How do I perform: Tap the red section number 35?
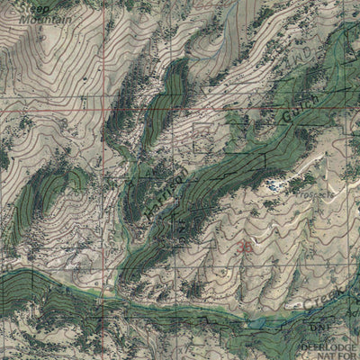[x=246, y=245]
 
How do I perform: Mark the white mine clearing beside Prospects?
[x=273, y=186]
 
